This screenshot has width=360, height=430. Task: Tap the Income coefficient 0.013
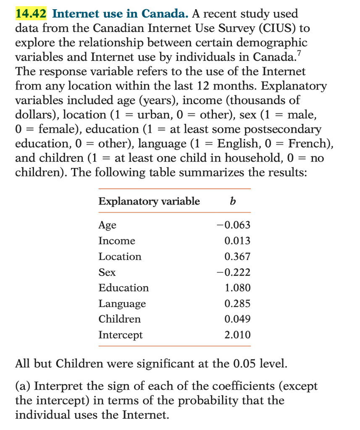coord(237,241)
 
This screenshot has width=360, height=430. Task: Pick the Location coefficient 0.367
coord(237,256)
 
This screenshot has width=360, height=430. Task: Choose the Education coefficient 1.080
coord(237,288)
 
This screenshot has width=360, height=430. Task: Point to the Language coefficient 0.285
coord(237,303)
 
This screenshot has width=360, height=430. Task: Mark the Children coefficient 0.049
coord(237,319)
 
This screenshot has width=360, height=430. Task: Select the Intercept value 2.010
coord(237,335)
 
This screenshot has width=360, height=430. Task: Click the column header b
coord(233,201)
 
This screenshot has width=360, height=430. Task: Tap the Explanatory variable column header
coord(149,201)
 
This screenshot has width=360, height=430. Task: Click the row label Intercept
coord(121,335)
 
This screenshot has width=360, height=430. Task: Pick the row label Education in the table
coord(124,288)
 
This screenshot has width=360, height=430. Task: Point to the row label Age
coord(107,225)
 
